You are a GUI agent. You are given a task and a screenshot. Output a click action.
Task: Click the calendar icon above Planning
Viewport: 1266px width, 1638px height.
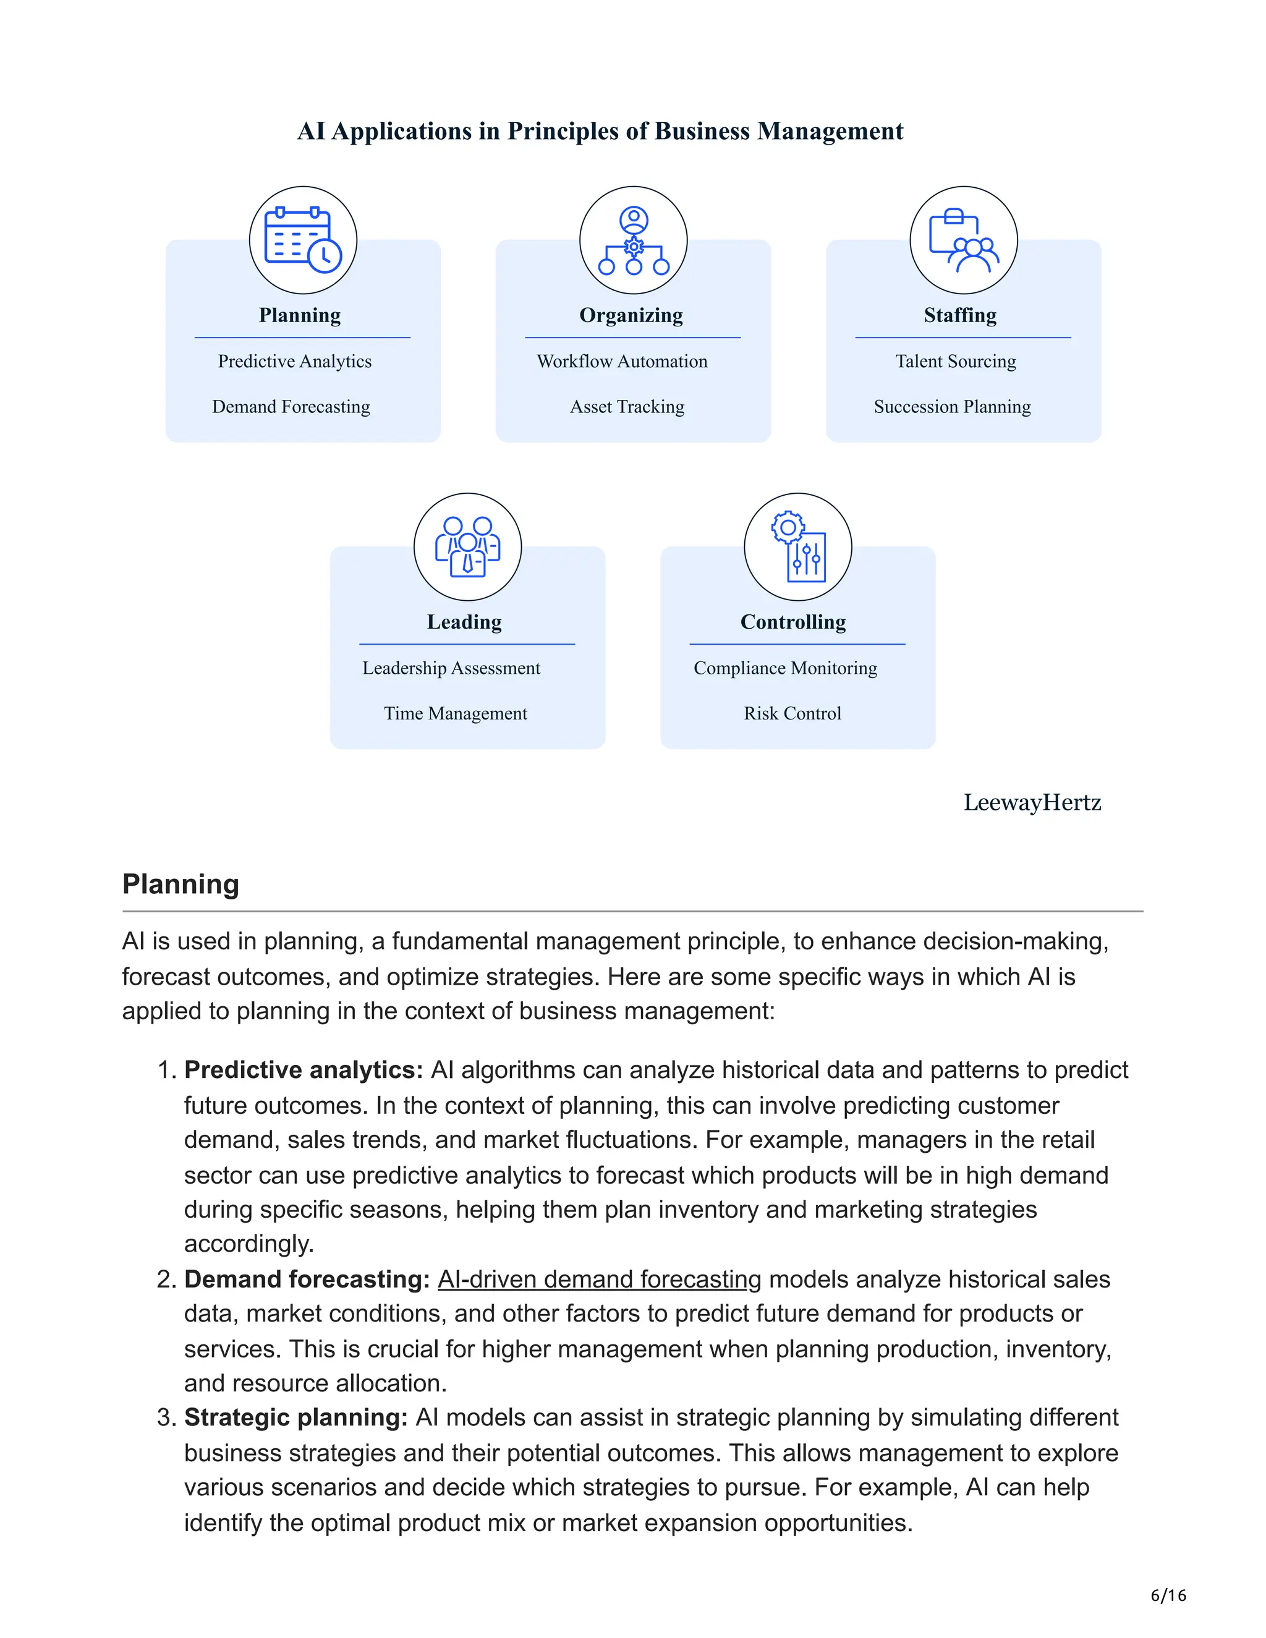tap(303, 240)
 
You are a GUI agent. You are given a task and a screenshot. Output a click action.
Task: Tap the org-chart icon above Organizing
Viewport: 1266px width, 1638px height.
tap(633, 240)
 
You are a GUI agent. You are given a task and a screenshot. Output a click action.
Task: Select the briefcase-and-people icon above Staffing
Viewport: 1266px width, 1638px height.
tap(963, 240)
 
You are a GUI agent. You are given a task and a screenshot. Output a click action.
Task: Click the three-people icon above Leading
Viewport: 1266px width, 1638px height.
tap(467, 547)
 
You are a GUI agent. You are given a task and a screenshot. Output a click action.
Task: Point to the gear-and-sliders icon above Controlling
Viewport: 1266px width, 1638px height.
tap(798, 547)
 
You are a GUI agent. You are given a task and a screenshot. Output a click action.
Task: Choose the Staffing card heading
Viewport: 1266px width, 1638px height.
tap(960, 315)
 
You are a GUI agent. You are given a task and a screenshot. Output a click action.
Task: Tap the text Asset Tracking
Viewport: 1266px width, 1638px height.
tap(627, 407)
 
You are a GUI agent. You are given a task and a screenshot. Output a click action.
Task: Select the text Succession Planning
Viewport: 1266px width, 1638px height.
tap(952, 407)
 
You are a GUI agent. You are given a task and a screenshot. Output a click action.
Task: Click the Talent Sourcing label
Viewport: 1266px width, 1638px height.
tap(956, 362)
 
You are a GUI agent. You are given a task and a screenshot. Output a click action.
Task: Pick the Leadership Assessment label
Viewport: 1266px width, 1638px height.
tap(451, 668)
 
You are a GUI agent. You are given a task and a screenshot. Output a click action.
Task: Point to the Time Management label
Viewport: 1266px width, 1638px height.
tap(455, 713)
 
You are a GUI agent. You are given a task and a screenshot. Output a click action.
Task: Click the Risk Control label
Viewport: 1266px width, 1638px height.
tap(792, 713)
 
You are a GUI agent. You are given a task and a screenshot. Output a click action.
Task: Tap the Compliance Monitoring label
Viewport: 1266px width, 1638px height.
tap(785, 668)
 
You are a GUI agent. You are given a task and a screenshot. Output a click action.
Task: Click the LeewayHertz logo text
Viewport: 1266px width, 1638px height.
tap(1032, 802)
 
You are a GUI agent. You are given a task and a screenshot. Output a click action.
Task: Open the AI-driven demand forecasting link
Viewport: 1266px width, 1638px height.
tap(599, 1279)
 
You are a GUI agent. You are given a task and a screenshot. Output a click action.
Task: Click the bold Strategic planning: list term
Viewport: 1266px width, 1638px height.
tap(296, 1417)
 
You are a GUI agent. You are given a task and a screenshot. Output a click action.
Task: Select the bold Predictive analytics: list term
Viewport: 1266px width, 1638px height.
tap(304, 1069)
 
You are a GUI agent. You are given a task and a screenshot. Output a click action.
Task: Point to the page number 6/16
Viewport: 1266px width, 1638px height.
tap(1168, 1595)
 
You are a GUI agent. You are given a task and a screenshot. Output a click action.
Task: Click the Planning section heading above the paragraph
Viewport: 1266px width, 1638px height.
tap(181, 885)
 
